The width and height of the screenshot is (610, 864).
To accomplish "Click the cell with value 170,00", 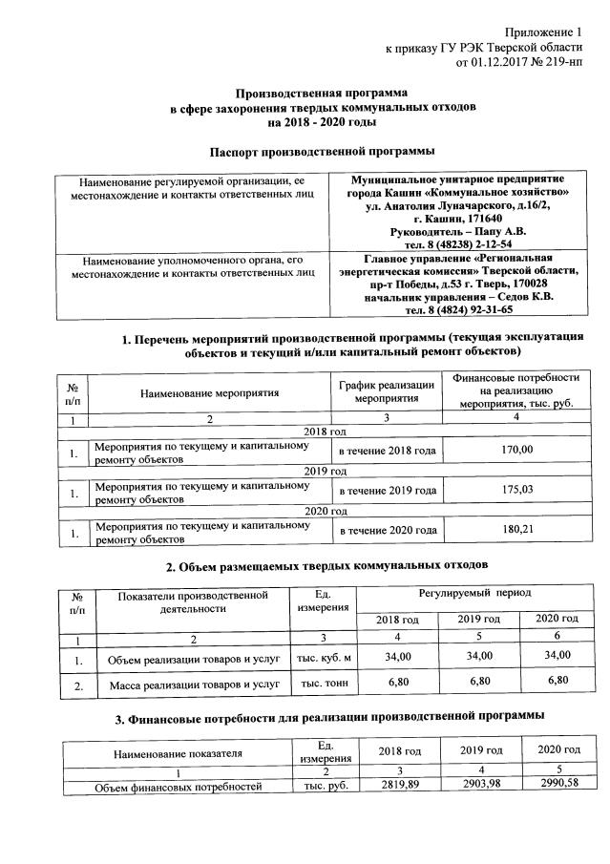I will pyautogui.click(x=515, y=450).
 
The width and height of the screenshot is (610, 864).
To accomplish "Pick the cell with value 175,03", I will pyautogui.click(x=515, y=491).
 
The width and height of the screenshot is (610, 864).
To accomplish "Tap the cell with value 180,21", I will pyautogui.click(x=515, y=530).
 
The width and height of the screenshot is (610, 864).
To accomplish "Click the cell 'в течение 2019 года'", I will pyautogui.click(x=387, y=491).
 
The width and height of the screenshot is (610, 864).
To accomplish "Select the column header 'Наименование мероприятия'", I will pyautogui.click(x=209, y=391).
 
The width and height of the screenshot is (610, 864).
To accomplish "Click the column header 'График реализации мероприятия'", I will pyautogui.click(x=387, y=391).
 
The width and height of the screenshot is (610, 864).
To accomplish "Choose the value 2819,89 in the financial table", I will pyautogui.click(x=400, y=787).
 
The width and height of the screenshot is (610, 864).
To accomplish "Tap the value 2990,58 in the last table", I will pyautogui.click(x=558, y=787).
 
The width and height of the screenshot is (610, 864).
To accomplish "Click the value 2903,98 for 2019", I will pyautogui.click(x=480, y=787).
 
